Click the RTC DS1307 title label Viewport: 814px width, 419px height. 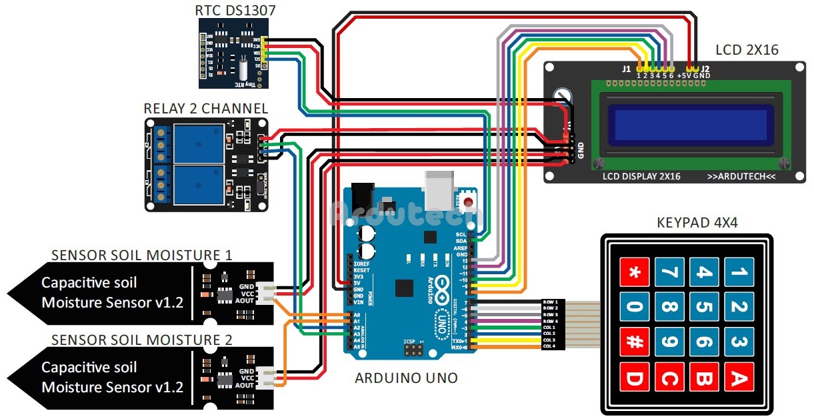(x=235, y=10)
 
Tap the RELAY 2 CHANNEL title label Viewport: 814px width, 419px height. (x=206, y=108)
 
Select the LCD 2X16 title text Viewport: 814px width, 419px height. (x=747, y=50)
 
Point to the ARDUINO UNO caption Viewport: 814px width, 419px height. (x=406, y=378)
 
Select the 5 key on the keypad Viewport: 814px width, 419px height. (x=704, y=308)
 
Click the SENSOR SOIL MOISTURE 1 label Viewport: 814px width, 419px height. (x=142, y=255)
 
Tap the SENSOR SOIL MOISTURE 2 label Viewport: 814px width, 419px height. (x=142, y=340)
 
